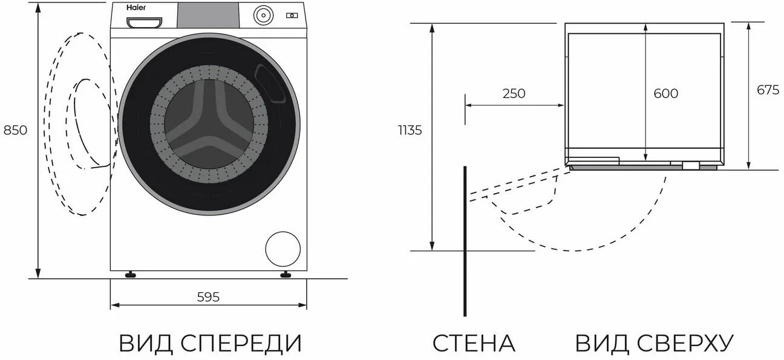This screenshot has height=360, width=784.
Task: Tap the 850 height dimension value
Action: [16, 130]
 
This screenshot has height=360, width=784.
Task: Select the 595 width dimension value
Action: [208, 296]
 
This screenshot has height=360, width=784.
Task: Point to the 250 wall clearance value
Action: [514, 94]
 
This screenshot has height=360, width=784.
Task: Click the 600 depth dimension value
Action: [666, 94]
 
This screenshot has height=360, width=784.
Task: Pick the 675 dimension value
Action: [768, 90]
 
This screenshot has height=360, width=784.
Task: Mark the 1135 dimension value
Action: [410, 130]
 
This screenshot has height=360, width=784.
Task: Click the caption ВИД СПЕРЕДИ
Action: [210, 343]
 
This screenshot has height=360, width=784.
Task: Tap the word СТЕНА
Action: [474, 343]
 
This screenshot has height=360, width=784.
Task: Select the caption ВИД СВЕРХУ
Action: [654, 343]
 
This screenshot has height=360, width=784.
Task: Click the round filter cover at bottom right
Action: [283, 248]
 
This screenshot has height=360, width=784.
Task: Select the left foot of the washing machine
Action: [130, 275]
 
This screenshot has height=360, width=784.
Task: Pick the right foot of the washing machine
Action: [285, 275]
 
